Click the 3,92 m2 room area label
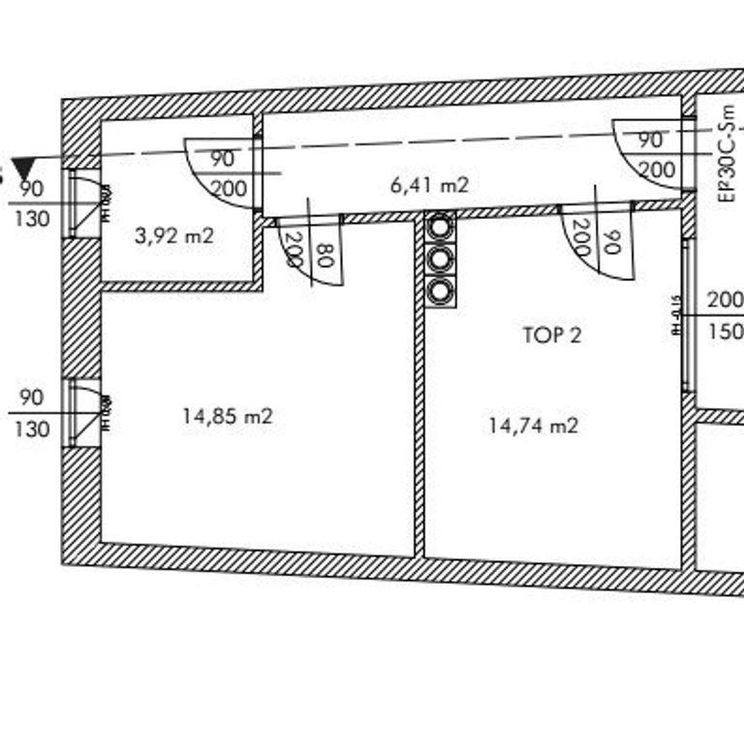tap(175, 236)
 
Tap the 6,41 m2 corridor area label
tap(429, 184)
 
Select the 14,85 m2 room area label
tap(228, 416)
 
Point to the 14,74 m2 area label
tap(534, 425)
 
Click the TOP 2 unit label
tap(552, 335)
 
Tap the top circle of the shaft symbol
tap(440, 227)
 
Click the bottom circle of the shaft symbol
tap(440, 290)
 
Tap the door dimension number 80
tap(325, 256)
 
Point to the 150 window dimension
tap(726, 332)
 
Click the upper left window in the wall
tap(83, 203)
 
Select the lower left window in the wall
tap(83, 412)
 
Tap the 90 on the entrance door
tap(651, 140)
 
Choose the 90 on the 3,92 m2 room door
tap(222, 159)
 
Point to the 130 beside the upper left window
tap(32, 219)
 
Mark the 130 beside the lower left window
tap(32, 428)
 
